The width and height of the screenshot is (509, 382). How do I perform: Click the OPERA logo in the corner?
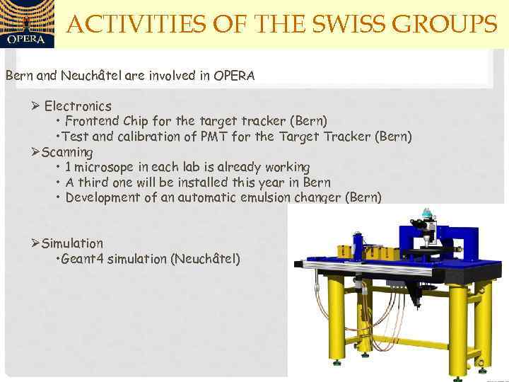[x=26, y=25]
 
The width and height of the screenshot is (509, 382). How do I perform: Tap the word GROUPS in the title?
[x=445, y=25]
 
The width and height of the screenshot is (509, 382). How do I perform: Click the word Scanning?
[x=67, y=152]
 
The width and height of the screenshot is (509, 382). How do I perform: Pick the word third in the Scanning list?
[x=93, y=183]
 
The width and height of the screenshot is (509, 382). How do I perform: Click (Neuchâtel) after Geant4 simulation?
[x=206, y=259]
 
